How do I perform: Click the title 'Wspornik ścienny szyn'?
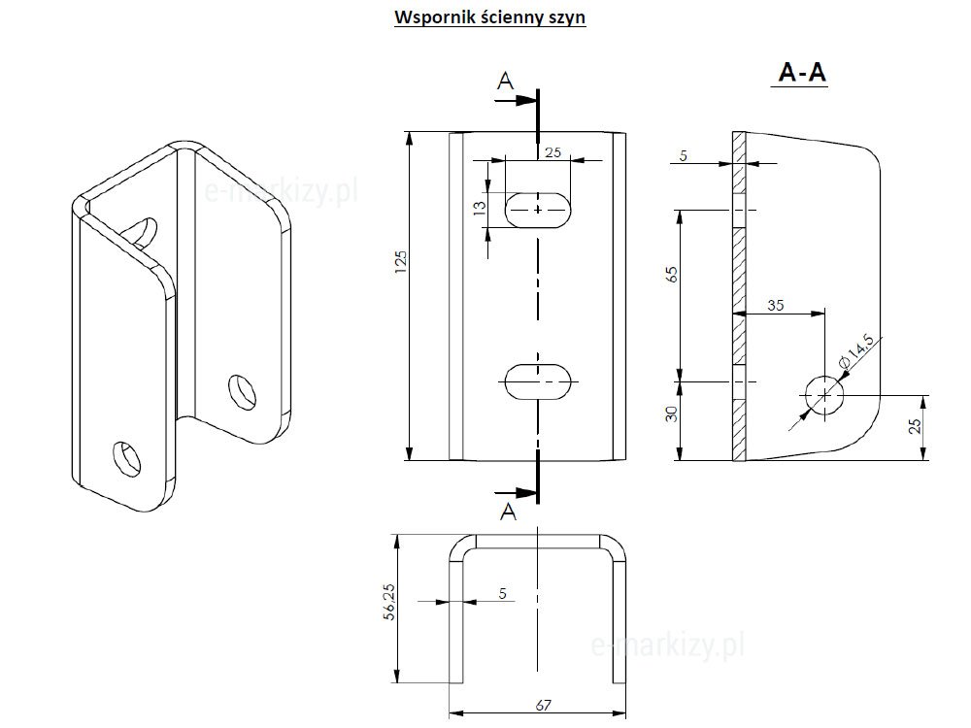pyautogui.click(x=489, y=18)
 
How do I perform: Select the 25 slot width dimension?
pyautogui.click(x=552, y=152)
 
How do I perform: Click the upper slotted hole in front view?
pyautogui.click(x=538, y=209)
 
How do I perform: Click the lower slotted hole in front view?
pyautogui.click(x=538, y=383)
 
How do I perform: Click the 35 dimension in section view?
pyautogui.click(x=776, y=305)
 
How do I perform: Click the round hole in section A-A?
pyautogui.click(x=823, y=395)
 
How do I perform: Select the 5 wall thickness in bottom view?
pyautogui.click(x=502, y=592)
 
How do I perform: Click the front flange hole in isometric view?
pyautogui.click(x=125, y=458)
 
